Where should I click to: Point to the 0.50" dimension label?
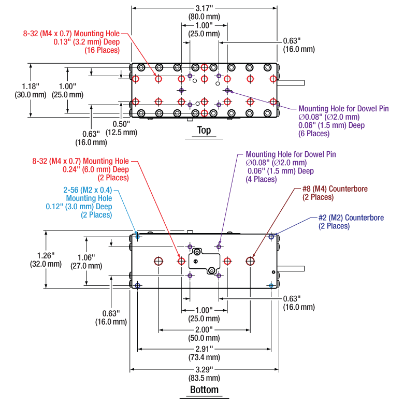(x=124, y=124)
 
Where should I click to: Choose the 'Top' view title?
(x=204, y=131)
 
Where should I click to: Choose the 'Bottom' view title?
(x=204, y=389)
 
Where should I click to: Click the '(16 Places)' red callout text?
(x=101, y=50)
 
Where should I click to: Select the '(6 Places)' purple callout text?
(x=314, y=134)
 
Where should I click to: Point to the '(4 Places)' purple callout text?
(x=261, y=179)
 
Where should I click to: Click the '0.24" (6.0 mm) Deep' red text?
(x=95, y=169)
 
